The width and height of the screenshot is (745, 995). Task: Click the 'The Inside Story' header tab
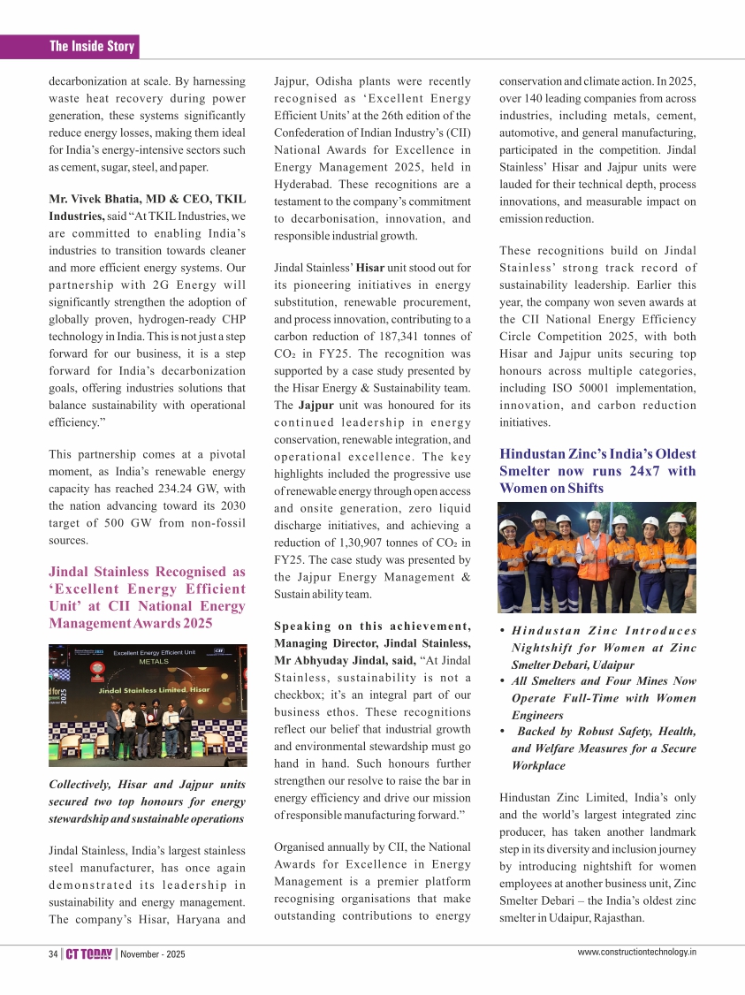click(92, 46)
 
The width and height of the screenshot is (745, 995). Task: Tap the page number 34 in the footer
click(53, 953)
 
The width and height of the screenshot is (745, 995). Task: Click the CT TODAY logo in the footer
click(90, 953)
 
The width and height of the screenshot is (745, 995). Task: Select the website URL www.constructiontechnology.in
click(636, 952)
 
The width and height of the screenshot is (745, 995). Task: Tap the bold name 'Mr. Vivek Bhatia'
click(95, 199)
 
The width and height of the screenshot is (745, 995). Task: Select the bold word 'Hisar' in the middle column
click(369, 267)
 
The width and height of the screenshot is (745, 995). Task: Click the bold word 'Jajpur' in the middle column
click(315, 405)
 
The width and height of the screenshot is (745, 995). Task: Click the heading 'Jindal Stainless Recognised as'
click(147, 572)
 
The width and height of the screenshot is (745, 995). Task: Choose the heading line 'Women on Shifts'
click(551, 488)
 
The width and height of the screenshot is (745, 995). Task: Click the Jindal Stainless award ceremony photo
click(148, 704)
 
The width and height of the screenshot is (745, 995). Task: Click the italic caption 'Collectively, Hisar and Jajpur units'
click(147, 784)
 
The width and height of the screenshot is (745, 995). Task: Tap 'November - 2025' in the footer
click(153, 954)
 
